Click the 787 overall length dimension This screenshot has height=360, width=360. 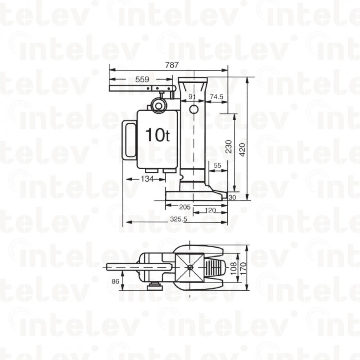pos(172,65)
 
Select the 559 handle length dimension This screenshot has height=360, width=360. pos(142,80)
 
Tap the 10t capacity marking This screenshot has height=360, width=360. pos(158,135)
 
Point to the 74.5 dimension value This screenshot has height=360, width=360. pos(216,97)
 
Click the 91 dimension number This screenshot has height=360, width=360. pos(192,97)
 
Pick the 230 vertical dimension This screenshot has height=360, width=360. pos(229,147)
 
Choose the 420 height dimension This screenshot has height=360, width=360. pos(243,150)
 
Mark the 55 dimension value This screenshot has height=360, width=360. pos(217,165)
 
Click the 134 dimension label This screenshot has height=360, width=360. pos(147,179)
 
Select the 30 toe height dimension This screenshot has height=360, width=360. pos(232,197)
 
